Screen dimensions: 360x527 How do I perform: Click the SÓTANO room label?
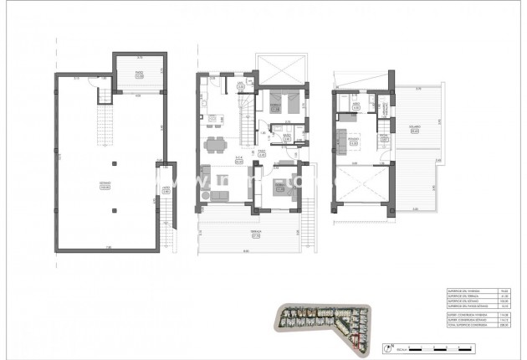pos(105,187)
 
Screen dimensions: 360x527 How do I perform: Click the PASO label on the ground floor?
pos(261,153)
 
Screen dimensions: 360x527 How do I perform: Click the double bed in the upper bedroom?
pos(278,104)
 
